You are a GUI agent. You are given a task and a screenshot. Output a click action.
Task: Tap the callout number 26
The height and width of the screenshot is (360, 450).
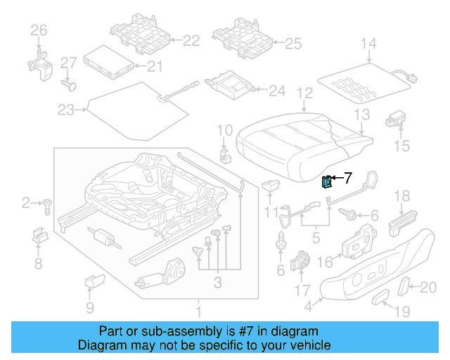tap(38, 30)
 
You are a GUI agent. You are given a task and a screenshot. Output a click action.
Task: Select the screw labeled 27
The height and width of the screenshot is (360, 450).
tap(68, 84)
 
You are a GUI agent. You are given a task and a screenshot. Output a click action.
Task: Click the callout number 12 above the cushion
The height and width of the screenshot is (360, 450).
tap(304, 92)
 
